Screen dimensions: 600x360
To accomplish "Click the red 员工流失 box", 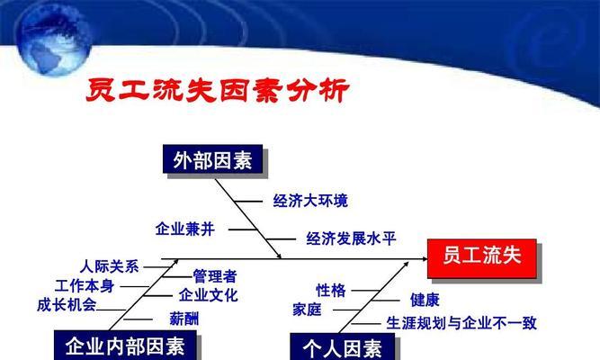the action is tap(482, 258).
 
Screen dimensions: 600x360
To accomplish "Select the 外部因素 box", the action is tap(213, 159).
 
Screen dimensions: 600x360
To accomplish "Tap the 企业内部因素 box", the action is tap(125, 345).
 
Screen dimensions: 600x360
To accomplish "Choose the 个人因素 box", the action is tap(343, 346).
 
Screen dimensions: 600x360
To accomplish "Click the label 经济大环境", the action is tap(310, 201).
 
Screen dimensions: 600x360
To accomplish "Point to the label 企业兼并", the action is tap(185, 229).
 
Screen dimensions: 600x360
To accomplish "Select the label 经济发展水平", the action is tap(351, 238).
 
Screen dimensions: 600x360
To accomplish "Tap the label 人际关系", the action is tap(110, 266).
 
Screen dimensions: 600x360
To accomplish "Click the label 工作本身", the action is tap(85, 286).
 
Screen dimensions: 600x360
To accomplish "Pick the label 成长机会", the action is tap(67, 305).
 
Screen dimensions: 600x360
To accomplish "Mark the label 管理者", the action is tap(215, 276).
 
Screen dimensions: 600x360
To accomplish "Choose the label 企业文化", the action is tap(209, 295).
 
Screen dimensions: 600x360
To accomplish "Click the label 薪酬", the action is tap(184, 319).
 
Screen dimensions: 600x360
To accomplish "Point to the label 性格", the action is tap(331, 291).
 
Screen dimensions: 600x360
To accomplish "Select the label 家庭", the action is tap(307, 310).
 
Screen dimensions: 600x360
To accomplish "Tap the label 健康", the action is tap(425, 300).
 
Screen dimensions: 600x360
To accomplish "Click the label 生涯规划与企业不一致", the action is tap(461, 323).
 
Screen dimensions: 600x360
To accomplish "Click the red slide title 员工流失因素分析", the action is tap(218, 90).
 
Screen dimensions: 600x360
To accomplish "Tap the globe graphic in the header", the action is tap(54, 39).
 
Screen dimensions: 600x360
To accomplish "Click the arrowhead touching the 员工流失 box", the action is tap(425, 259).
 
